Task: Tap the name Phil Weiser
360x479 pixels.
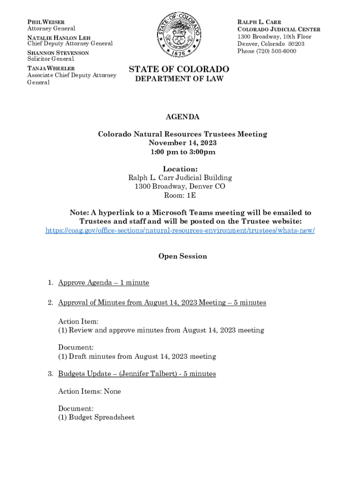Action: coord(46,22)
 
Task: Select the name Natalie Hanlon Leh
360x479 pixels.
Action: coord(59,37)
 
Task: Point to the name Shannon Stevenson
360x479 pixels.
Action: coord(58,53)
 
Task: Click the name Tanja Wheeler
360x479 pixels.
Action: coord(51,68)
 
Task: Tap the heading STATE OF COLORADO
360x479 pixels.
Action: coord(179,69)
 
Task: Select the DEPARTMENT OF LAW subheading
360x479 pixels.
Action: coord(180,79)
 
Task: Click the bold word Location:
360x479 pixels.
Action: coord(180,169)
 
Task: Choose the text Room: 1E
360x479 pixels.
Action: coord(180,195)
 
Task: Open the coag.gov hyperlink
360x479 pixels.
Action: coord(180,231)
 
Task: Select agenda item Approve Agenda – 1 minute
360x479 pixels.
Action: coord(103,283)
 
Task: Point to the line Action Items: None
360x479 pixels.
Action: coord(89,391)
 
